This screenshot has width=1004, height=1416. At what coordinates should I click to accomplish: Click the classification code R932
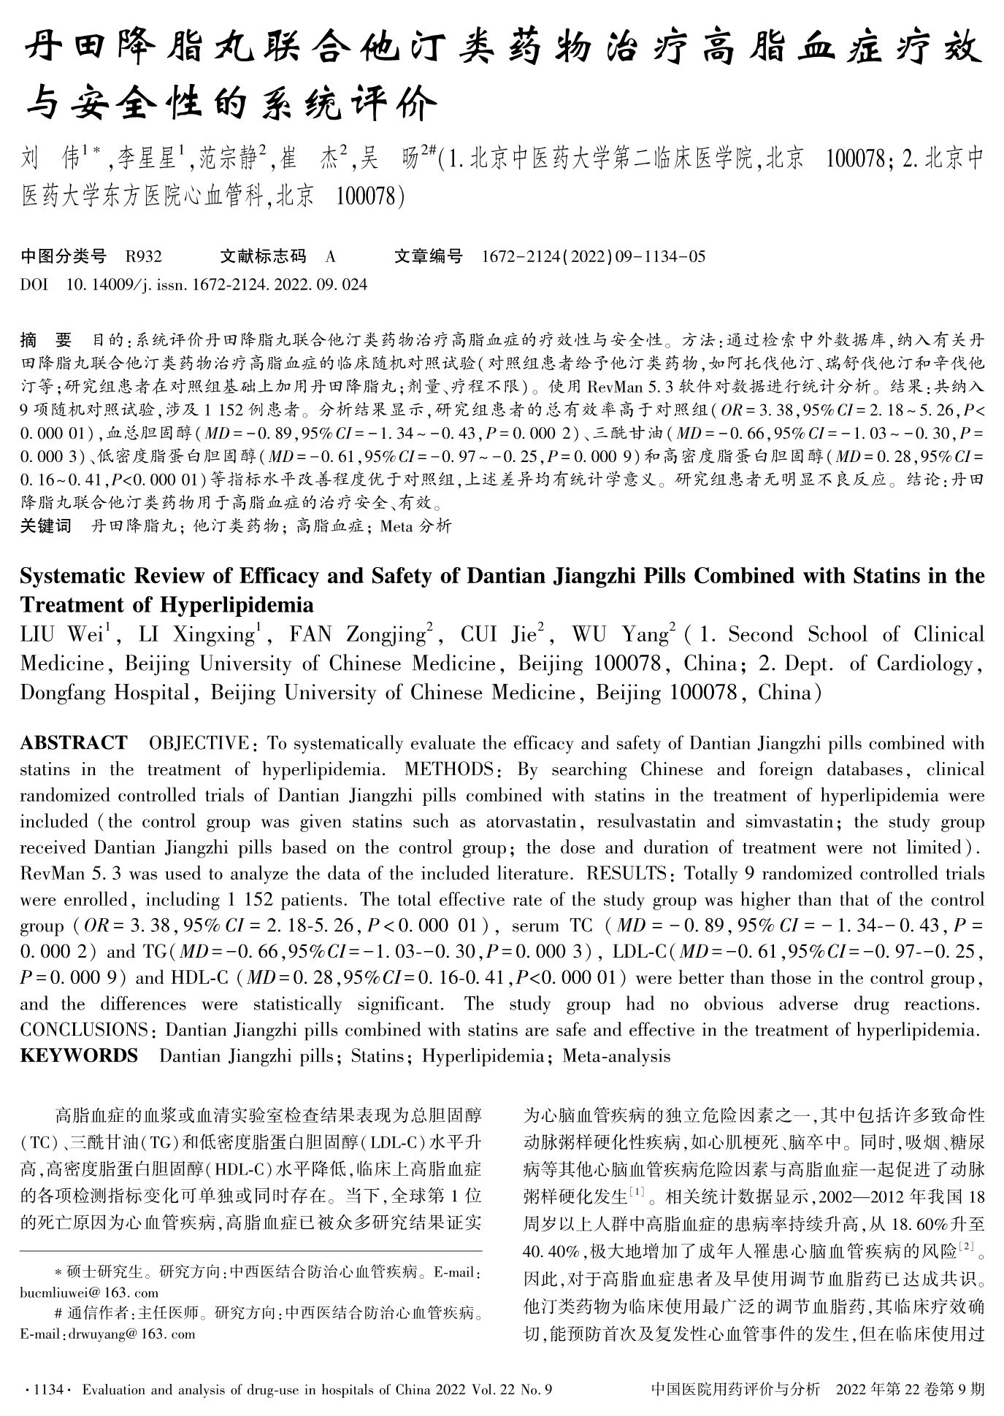pyautogui.click(x=143, y=256)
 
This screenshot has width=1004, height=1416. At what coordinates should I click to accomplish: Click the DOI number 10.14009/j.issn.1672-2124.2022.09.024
pyautogui.click(x=217, y=284)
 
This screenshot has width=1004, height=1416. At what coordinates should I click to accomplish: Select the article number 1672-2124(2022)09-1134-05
pyautogui.click(x=594, y=256)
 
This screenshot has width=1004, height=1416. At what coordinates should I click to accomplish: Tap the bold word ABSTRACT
pyautogui.click(x=73, y=743)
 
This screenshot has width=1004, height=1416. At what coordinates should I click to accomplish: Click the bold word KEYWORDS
pyautogui.click(x=79, y=1055)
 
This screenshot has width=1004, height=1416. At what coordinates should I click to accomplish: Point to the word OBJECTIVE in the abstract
pyautogui.click(x=198, y=743)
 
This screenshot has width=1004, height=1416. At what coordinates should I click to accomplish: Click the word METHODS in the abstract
pyautogui.click(x=448, y=769)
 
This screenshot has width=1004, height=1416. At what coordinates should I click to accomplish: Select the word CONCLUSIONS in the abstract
pyautogui.click(x=84, y=1030)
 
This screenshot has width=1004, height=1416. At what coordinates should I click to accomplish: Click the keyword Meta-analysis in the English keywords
pyautogui.click(x=616, y=1055)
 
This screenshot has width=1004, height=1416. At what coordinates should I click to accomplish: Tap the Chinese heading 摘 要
pyautogui.click(x=46, y=340)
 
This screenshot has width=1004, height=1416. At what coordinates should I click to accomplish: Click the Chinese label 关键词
pyautogui.click(x=46, y=526)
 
